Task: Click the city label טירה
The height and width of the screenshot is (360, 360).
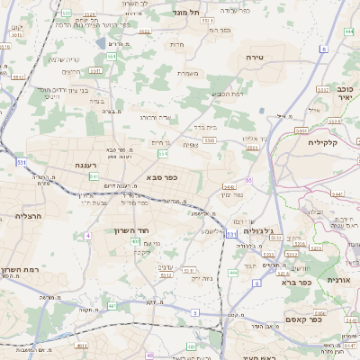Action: click(x=253, y=57)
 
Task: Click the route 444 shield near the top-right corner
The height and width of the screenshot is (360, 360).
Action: click(x=348, y=32)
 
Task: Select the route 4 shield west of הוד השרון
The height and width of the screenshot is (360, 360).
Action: click(x=88, y=235)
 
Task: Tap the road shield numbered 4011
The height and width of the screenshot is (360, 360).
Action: click(x=82, y=345)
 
